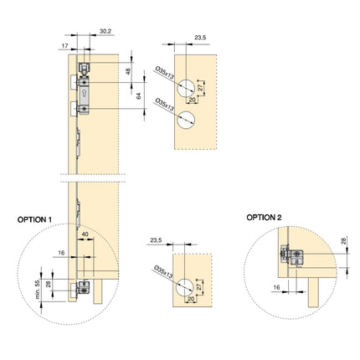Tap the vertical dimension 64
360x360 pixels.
(x=140, y=96)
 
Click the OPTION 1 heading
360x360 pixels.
(x=35, y=219)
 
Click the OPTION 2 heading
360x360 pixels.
(x=265, y=217)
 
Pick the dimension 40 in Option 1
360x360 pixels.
(x=85, y=235)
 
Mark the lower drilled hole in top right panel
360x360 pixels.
(x=186, y=118)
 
